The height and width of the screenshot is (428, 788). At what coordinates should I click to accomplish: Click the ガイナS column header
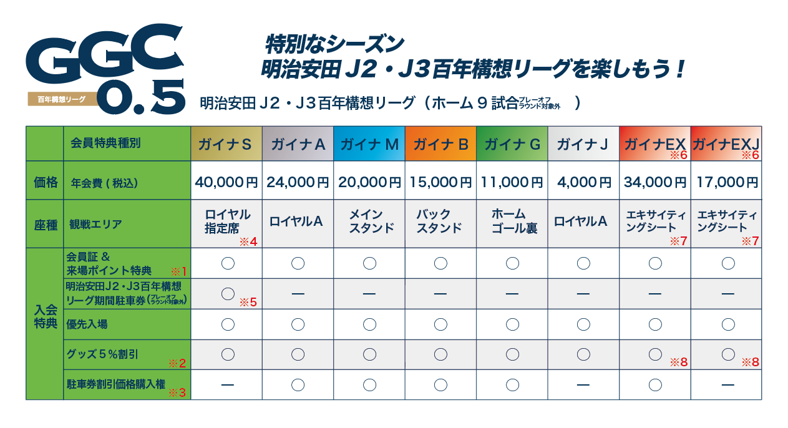click(x=226, y=144)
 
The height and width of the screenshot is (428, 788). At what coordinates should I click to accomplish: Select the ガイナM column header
click(x=369, y=144)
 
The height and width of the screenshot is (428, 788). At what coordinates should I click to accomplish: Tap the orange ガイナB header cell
click(x=440, y=144)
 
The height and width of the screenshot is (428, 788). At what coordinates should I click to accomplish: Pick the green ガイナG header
click(x=512, y=144)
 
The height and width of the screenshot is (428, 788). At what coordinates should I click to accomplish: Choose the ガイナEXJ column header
click(x=726, y=144)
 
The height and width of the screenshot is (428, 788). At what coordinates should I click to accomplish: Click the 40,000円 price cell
click(x=226, y=182)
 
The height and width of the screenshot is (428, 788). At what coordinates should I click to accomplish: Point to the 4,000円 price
click(x=583, y=182)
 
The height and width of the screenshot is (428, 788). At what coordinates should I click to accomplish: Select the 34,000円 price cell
click(x=654, y=182)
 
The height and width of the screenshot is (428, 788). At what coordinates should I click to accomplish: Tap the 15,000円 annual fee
click(x=440, y=182)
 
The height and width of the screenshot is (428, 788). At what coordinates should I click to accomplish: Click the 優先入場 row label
click(x=87, y=324)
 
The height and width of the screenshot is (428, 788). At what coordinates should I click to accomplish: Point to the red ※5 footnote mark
click(x=248, y=303)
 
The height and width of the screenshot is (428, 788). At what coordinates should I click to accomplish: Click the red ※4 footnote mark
click(x=248, y=241)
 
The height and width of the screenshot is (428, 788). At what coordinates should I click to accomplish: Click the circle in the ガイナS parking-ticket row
click(x=228, y=293)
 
